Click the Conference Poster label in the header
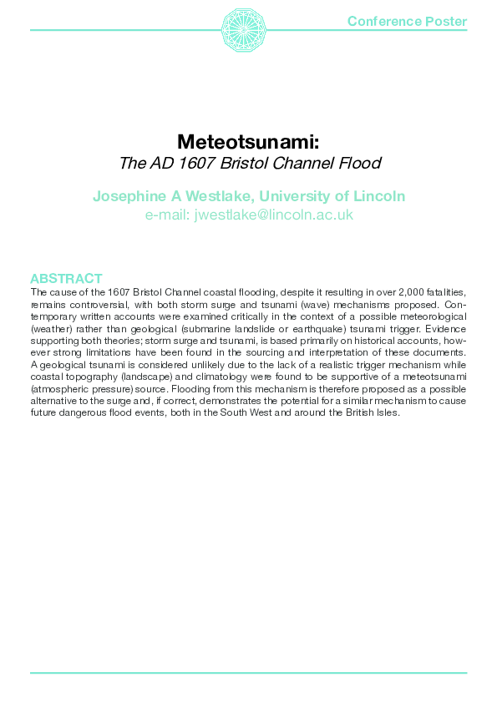(407, 21)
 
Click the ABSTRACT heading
(66, 279)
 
